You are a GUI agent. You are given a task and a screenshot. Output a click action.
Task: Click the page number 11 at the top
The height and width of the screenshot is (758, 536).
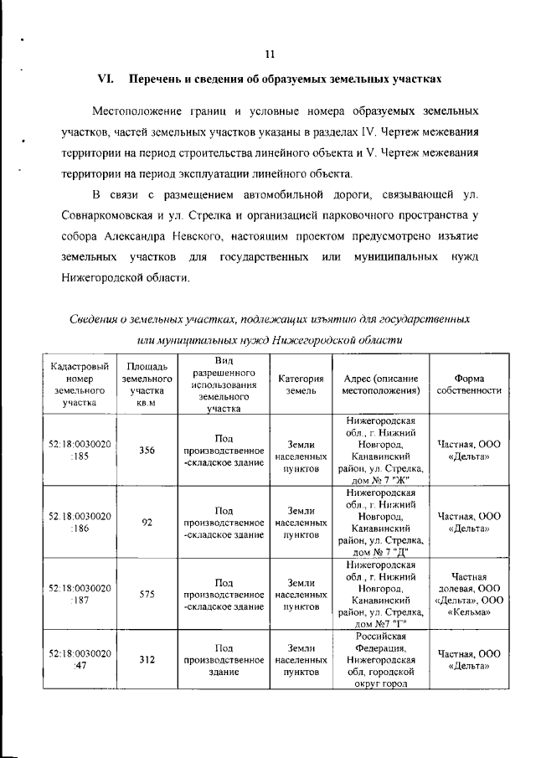(269, 54)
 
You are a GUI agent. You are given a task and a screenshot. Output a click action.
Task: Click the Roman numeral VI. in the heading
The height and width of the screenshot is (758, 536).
(106, 80)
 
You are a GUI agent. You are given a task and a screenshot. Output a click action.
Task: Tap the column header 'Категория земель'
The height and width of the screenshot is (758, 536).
(301, 384)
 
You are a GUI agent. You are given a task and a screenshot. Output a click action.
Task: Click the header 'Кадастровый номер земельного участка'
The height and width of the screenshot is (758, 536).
(80, 384)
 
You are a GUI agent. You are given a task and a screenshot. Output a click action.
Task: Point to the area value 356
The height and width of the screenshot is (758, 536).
(147, 450)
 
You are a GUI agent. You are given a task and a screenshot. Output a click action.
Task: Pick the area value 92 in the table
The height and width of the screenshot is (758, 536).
(147, 522)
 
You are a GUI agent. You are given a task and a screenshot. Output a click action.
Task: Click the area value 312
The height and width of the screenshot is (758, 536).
(147, 659)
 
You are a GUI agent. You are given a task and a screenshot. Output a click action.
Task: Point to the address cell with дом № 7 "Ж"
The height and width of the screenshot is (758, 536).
(379, 450)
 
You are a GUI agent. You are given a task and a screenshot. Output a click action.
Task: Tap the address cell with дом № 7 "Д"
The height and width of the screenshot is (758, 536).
(379, 522)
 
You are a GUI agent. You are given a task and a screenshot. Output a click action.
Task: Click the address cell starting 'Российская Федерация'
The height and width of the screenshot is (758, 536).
(379, 659)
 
